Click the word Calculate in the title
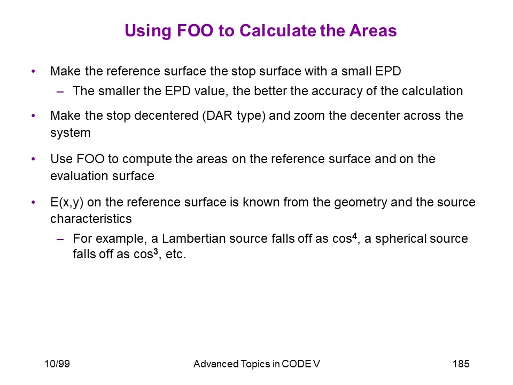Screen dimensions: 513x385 [278, 30]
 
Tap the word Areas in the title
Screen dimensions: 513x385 [373, 30]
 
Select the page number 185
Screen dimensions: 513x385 [461, 364]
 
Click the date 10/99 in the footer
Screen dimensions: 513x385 [57, 364]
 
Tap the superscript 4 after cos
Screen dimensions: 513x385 [354, 235]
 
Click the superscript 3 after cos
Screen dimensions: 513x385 [156, 251]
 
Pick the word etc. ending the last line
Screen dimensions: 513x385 [176, 255]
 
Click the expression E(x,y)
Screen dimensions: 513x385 [67, 202]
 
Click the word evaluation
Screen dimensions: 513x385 [75, 176]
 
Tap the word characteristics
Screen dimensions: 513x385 [91, 219]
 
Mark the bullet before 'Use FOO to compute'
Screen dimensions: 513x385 [33, 159]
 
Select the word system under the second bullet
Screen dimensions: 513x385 [71, 133]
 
